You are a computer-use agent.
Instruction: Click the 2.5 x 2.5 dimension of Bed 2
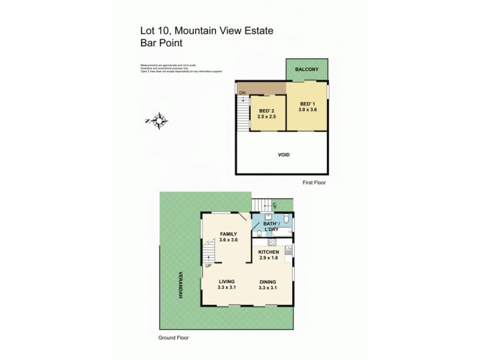point(267,118)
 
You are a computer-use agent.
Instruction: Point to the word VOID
point(284,155)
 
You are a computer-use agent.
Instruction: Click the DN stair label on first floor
point(242,93)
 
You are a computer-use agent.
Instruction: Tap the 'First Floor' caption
point(313,182)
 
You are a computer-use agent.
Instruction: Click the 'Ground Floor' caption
point(173,338)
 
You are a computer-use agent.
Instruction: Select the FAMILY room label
point(229,234)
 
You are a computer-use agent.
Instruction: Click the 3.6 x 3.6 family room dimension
point(229,240)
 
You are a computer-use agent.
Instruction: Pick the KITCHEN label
point(269,252)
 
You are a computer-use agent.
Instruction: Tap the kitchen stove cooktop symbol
point(270,242)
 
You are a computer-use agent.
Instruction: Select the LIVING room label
point(227,281)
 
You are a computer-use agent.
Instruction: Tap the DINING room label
point(268,281)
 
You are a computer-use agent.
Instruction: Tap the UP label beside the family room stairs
point(208,265)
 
